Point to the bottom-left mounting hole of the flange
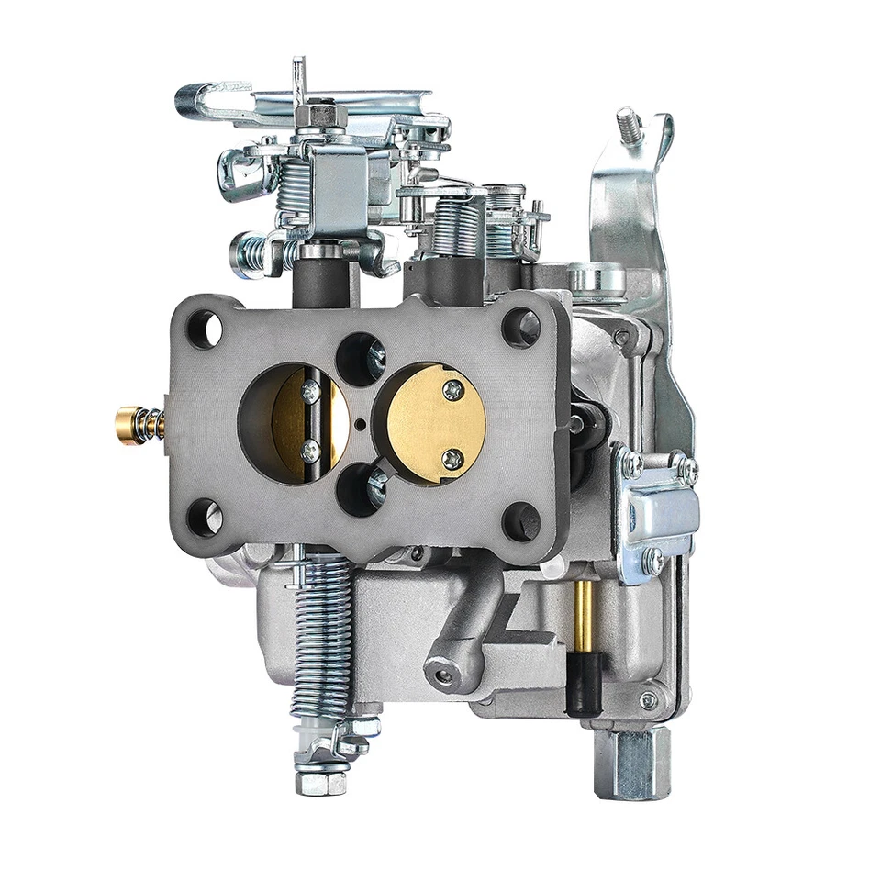204,519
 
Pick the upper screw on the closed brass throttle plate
452,390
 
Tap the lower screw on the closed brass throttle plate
451,459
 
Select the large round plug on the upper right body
597,277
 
